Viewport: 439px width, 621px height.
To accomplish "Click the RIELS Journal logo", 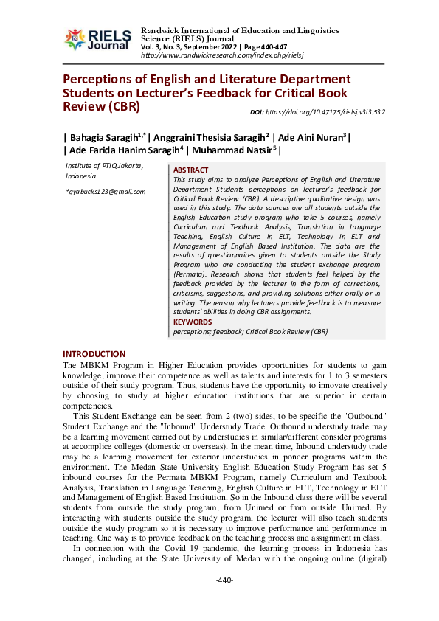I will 97,38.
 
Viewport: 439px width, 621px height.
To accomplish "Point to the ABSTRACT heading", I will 190,170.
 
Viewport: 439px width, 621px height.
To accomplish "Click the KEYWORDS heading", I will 192,322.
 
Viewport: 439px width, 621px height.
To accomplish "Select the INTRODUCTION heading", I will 94,354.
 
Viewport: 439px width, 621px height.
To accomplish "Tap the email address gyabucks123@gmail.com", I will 106,192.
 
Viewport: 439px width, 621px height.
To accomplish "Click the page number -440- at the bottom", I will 224,580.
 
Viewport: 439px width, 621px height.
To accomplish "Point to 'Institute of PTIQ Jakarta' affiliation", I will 104,167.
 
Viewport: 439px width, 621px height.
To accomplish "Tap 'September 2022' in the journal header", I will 194,47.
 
